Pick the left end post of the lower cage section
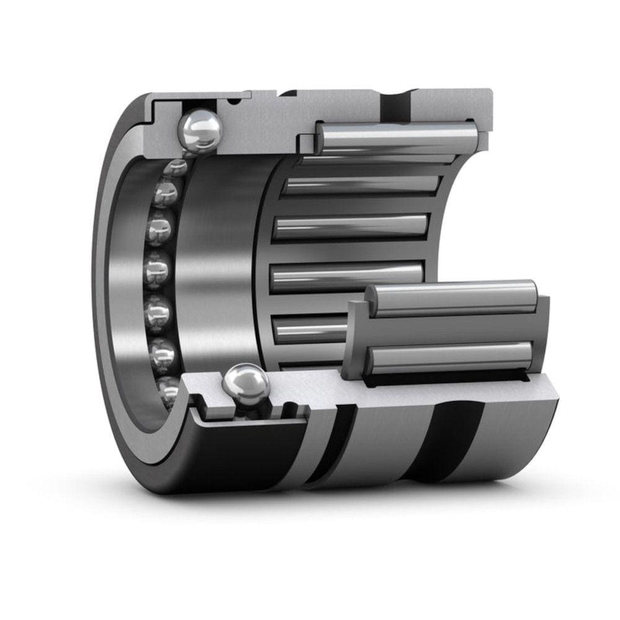point(356,338)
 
